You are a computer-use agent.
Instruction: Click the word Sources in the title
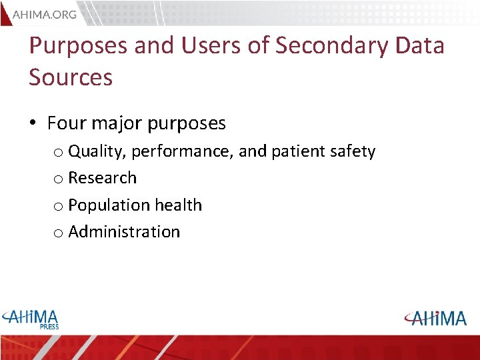pyautogui.click(x=71, y=77)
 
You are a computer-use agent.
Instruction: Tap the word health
pyautogui.click(x=177, y=205)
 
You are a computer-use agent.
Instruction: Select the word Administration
pyautogui.click(x=124, y=232)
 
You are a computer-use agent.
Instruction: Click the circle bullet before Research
pyautogui.click(x=59, y=179)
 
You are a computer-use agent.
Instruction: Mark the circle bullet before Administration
pyautogui.click(x=59, y=233)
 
